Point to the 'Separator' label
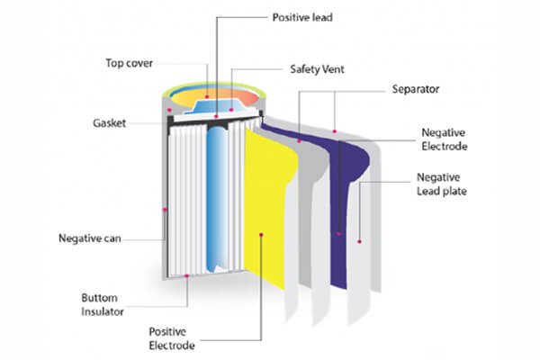pyautogui.click(x=416, y=90)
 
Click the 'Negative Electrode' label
pyautogui.click(x=445, y=138)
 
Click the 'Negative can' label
pyautogui.click(x=90, y=239)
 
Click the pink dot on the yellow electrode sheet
pyautogui.click(x=261, y=236)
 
